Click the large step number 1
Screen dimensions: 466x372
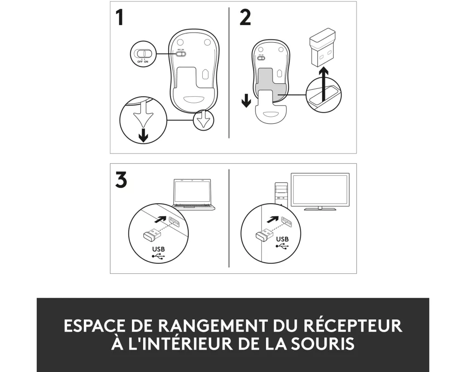[x=119, y=18]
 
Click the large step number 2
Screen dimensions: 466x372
[x=245, y=18]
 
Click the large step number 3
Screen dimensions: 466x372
[x=121, y=179]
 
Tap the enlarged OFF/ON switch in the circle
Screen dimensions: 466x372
[x=143, y=53]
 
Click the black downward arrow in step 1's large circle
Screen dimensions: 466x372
[x=144, y=135]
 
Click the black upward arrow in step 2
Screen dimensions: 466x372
[x=323, y=84]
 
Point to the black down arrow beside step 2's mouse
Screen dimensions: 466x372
[x=246, y=100]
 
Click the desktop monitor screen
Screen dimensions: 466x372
[x=320, y=190]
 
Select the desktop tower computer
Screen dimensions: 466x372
[x=281, y=194]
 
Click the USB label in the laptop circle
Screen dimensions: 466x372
[x=158, y=249]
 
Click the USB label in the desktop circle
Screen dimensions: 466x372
[x=282, y=239]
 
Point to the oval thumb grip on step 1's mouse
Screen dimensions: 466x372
[x=194, y=99]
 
